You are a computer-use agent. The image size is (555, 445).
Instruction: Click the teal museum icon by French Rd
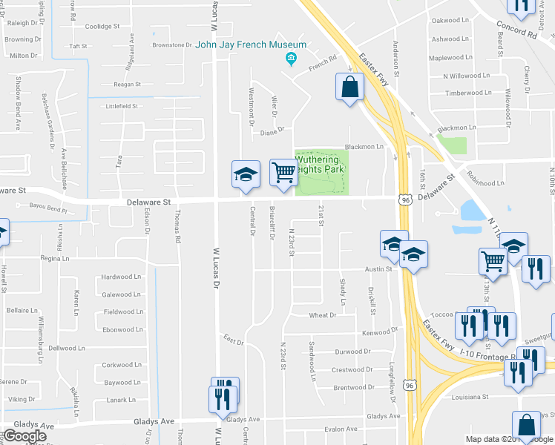tap(292, 59)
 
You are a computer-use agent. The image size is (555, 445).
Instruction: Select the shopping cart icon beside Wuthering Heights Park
tap(283, 174)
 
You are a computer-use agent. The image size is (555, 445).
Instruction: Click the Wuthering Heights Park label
tap(318, 165)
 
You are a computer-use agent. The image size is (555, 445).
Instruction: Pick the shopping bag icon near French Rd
tap(349, 88)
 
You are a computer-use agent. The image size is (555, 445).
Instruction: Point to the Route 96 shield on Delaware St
tap(405, 200)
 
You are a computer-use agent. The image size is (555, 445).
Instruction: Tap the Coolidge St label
tap(102, 27)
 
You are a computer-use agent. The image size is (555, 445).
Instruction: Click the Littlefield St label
tap(122, 107)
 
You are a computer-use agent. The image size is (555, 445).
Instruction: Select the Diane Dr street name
tap(272, 131)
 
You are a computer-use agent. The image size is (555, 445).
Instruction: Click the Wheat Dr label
tap(323, 315)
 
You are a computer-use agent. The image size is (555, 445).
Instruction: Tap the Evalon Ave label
tap(341, 429)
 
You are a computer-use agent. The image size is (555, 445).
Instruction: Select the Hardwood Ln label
tap(122, 277)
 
